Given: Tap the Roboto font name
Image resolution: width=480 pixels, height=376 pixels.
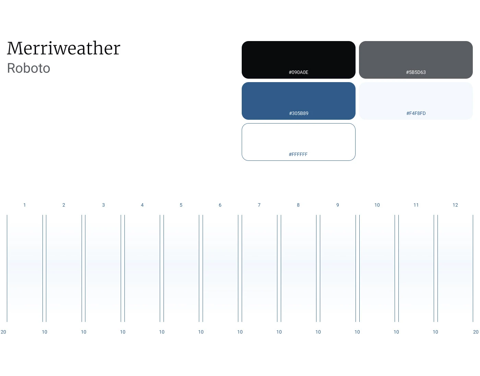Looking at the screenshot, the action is [x=29, y=68].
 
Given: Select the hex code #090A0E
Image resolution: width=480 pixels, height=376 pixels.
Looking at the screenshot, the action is [x=298, y=72].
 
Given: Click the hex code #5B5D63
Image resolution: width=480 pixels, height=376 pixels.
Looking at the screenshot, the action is [x=416, y=72].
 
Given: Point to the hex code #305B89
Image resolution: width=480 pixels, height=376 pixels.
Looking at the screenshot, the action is [x=299, y=113].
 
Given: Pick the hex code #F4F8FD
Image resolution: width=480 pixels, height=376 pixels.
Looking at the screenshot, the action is [x=416, y=113].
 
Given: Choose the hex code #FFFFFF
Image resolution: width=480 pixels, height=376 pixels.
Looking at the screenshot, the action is [x=298, y=154].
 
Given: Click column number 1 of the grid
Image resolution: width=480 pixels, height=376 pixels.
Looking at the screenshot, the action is [x=25, y=205].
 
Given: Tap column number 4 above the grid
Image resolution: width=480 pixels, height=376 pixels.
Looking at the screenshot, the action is [x=142, y=205].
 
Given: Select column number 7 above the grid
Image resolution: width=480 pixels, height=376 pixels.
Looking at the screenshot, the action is [x=259, y=205].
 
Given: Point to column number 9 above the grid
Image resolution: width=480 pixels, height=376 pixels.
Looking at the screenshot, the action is [x=337, y=205].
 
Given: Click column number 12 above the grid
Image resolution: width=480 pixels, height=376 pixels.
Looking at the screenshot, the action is [x=455, y=205].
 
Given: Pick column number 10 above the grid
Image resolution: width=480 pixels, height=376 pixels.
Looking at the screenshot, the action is [x=377, y=205].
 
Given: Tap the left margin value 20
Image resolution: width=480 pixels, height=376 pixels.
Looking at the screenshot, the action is [x=3, y=332].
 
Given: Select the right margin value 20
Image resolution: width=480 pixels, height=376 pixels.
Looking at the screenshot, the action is [x=476, y=332].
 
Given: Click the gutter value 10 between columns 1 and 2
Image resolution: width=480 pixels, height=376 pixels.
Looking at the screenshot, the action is [x=44, y=332].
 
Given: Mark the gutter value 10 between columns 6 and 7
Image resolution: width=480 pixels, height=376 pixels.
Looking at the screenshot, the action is [x=240, y=332].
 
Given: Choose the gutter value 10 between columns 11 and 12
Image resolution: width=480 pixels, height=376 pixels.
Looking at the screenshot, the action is [x=435, y=332].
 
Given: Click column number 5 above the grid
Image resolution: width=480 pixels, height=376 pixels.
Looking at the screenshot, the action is [x=181, y=205].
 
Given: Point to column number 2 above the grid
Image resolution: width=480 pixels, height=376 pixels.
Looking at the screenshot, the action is [x=64, y=205].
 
